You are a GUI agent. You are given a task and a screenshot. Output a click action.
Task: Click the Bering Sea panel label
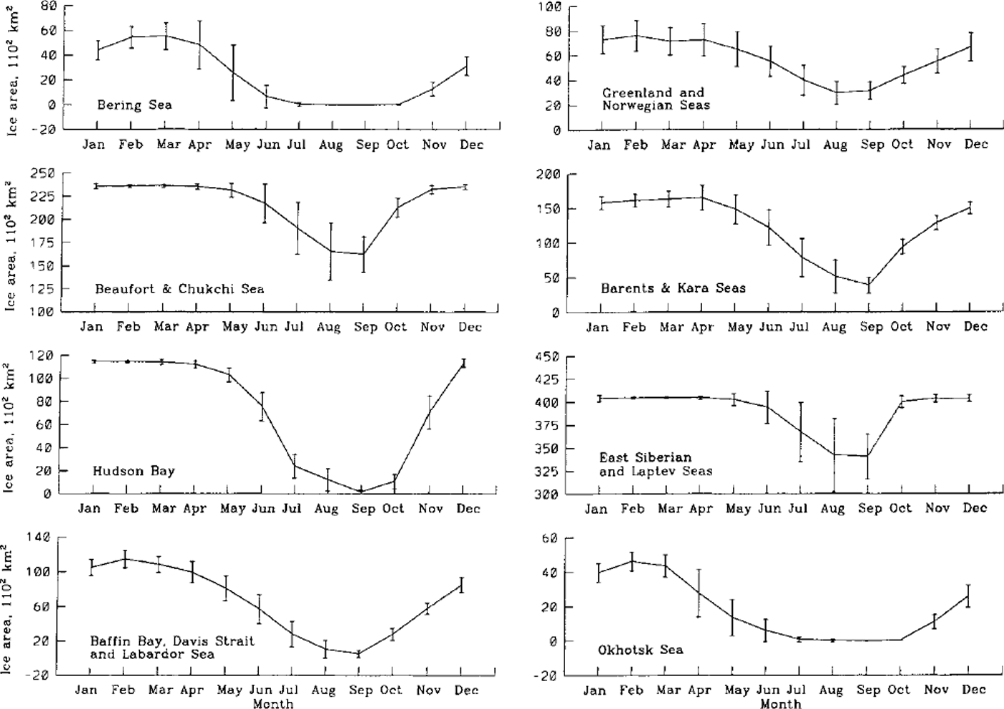tap(135, 105)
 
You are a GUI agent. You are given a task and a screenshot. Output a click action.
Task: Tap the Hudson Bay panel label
tap(133, 471)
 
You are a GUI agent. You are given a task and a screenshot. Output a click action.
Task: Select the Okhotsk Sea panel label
tap(640, 649)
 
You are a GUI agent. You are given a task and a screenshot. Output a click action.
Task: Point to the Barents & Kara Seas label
tap(673, 288)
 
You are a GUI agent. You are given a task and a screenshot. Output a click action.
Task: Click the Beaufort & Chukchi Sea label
tap(179, 289)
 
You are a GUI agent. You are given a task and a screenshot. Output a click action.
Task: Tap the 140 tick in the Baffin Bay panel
tap(39, 537)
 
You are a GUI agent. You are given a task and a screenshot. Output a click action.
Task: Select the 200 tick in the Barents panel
tap(549, 174)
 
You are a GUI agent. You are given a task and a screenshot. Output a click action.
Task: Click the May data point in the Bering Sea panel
tap(233, 72)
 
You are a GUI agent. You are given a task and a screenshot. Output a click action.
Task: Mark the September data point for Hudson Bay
tap(361, 491)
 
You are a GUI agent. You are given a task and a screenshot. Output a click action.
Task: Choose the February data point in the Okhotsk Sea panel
tap(632, 561)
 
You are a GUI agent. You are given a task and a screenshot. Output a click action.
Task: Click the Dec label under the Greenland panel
tap(976, 144)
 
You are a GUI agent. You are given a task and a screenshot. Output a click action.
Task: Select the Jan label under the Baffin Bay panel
tap(87, 690)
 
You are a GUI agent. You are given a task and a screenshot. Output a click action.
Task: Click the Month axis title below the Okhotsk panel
tap(780, 703)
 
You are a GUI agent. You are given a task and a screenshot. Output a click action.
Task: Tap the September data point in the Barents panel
tap(868, 285)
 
